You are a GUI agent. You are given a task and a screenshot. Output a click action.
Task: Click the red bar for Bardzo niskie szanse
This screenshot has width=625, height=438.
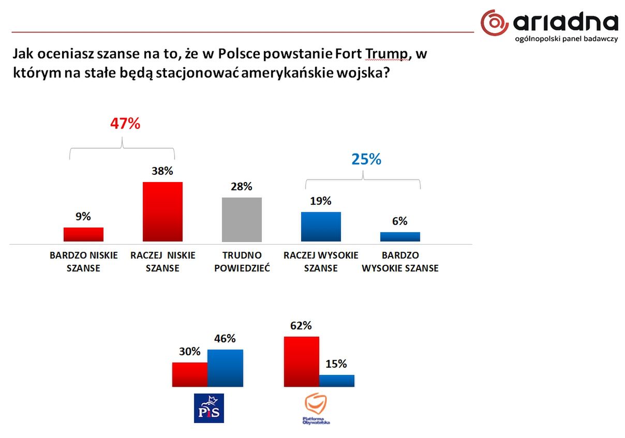pyautogui.click(x=83, y=234)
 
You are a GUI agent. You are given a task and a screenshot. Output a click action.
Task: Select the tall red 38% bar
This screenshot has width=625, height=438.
pyautogui.click(x=162, y=212)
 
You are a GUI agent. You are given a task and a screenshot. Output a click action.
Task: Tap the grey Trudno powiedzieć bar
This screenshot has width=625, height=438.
pyautogui.click(x=242, y=219)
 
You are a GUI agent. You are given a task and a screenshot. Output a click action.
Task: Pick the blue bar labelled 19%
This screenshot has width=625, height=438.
pyautogui.click(x=321, y=226)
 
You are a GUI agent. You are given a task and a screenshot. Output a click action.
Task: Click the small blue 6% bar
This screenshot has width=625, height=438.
pyautogui.click(x=400, y=236)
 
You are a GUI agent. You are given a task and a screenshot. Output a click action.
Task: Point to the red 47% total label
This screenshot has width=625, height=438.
pyautogui.click(x=125, y=124)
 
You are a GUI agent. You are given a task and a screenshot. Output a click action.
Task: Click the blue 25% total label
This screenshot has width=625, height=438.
pyautogui.click(x=366, y=159)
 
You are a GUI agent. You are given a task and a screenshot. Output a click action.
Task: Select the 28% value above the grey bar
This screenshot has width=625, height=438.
pyautogui.click(x=242, y=187)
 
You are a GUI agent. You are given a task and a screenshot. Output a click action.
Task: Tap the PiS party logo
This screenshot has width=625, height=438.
pyautogui.click(x=209, y=408)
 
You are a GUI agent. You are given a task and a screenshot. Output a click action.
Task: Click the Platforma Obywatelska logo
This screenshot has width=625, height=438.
pyautogui.click(x=316, y=408)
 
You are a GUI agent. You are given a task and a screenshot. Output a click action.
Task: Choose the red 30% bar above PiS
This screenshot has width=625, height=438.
pyautogui.click(x=190, y=374)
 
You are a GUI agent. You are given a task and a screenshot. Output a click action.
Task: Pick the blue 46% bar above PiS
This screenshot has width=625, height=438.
pyautogui.click(x=225, y=368)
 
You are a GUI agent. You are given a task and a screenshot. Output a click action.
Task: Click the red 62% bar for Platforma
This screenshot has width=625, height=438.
pyautogui.click(x=302, y=361)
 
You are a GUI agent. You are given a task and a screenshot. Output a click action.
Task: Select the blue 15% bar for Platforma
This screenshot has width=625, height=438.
pyautogui.click(x=337, y=381)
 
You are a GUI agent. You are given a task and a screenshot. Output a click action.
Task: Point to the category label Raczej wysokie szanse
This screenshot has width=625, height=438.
pyautogui.click(x=321, y=262)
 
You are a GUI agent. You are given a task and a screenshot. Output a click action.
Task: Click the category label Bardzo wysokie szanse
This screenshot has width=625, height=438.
pyautogui.click(x=400, y=262)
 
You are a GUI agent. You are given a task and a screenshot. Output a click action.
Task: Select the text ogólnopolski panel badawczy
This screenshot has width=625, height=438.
pyautogui.click(x=567, y=39)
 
